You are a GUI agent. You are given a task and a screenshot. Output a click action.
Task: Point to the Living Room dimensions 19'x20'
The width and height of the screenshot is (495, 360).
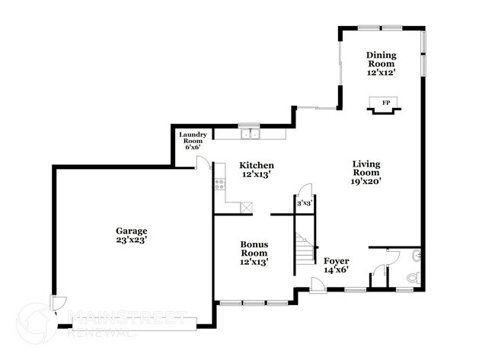pyautogui.click(x=366, y=181)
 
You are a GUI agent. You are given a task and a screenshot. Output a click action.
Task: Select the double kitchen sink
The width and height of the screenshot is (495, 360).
pyautogui.click(x=249, y=135)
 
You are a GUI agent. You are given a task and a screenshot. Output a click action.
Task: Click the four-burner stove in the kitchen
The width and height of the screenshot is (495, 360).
pyautogui.click(x=219, y=183)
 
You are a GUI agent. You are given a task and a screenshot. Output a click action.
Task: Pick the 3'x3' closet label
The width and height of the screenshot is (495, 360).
pyautogui.click(x=305, y=203)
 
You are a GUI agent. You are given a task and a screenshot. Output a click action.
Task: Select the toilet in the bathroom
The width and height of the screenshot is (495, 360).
pyautogui.click(x=412, y=279)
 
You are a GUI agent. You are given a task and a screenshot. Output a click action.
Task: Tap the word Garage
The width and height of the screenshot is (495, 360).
pyautogui.click(x=132, y=231)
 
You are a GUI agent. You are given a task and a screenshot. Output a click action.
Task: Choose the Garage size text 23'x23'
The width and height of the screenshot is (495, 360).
pyautogui.click(x=132, y=240)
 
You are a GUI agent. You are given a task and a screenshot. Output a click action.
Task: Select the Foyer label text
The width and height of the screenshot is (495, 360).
pyautogui.click(x=336, y=261)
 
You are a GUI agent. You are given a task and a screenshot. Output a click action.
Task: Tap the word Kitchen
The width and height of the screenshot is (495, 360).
pyautogui.click(x=257, y=165)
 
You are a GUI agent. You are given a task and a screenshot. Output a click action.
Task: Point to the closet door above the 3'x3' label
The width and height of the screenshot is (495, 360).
pyautogui.click(x=304, y=189)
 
